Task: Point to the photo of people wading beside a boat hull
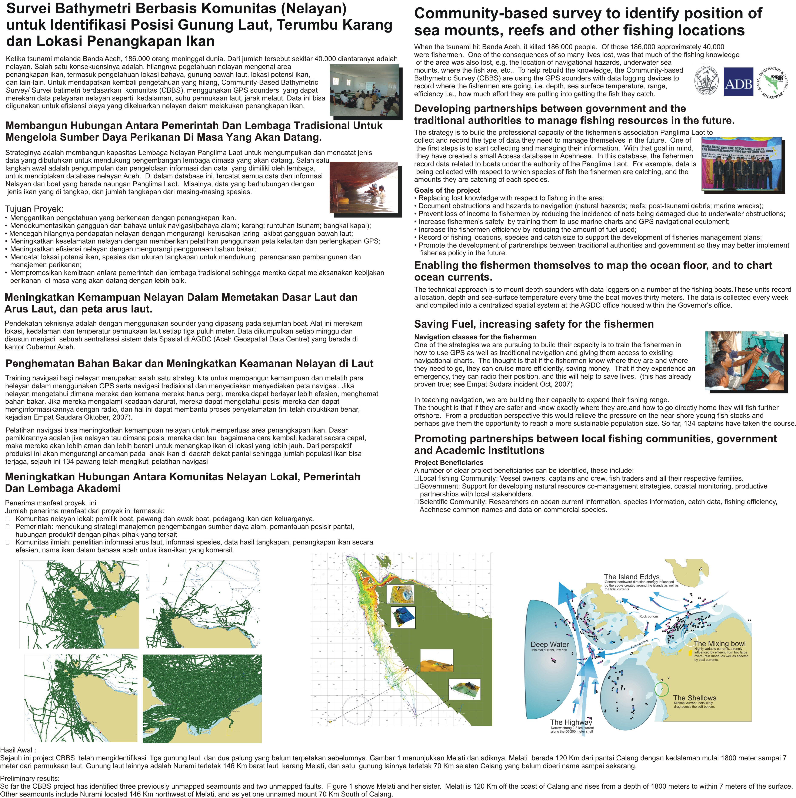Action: [x=364, y=187]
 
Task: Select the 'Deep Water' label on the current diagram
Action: [x=550, y=644]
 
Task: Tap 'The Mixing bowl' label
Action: [x=719, y=643]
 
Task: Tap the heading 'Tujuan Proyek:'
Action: [x=34, y=209]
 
